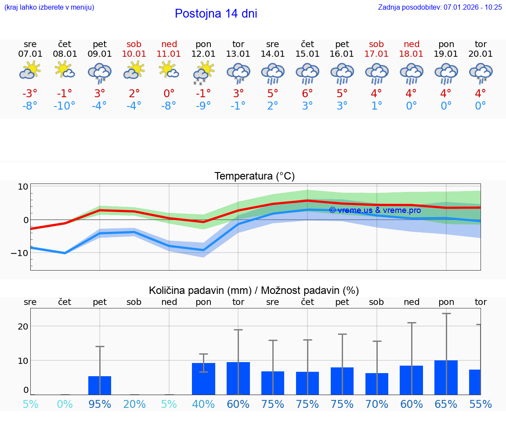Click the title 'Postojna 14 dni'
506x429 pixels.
(216, 14)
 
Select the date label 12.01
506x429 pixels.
(203, 54)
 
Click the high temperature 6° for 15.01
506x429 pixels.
(307, 93)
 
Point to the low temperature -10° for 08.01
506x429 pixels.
(65, 106)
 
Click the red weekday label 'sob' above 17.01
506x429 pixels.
(376, 44)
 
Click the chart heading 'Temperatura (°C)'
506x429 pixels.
(254, 176)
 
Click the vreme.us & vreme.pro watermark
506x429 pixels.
(375, 210)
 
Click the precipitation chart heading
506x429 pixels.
(254, 290)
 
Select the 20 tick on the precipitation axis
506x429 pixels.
(23, 326)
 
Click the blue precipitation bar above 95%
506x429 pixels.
(100, 385)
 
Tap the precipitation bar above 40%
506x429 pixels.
(203, 379)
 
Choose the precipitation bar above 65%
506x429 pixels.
(446, 378)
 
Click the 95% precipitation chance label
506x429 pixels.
(100, 404)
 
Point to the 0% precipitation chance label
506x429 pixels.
(65, 404)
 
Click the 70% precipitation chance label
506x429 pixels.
(376, 404)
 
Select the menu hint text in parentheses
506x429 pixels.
(49, 7)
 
